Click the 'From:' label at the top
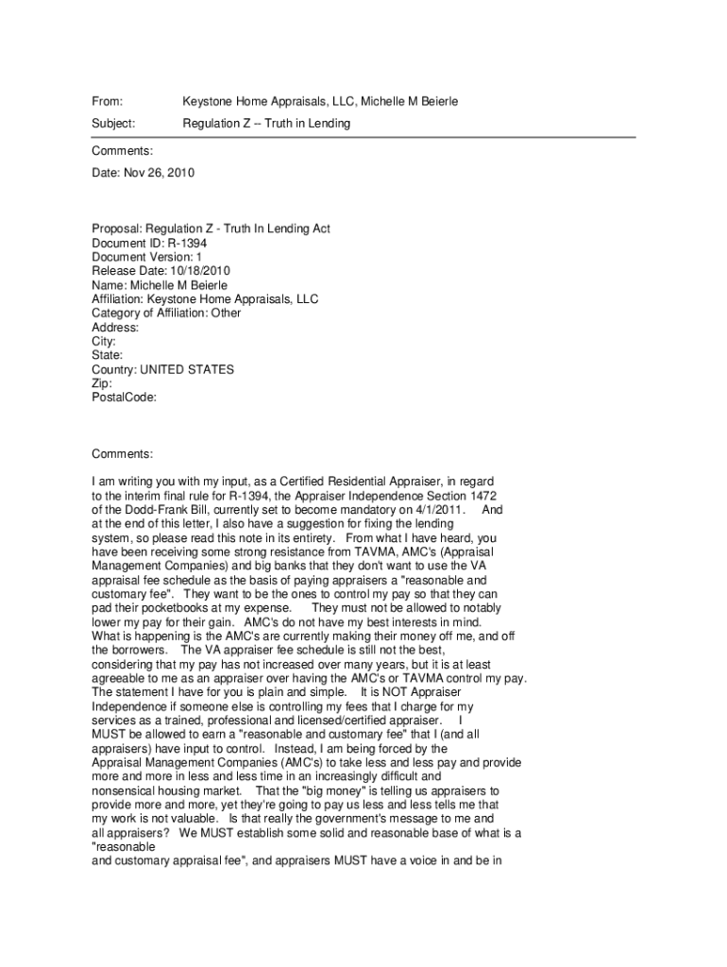(x=107, y=101)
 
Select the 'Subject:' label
(x=113, y=124)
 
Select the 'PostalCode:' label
(x=124, y=398)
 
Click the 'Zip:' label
(x=102, y=384)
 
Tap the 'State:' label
(x=108, y=356)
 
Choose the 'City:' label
(x=104, y=342)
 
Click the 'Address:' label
(x=115, y=328)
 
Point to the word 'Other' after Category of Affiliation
(x=226, y=314)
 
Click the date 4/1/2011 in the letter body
(x=435, y=510)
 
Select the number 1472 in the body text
(x=482, y=496)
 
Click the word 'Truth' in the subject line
(x=279, y=124)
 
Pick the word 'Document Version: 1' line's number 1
(x=198, y=257)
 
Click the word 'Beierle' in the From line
(x=438, y=101)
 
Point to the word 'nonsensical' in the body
(x=125, y=789)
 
